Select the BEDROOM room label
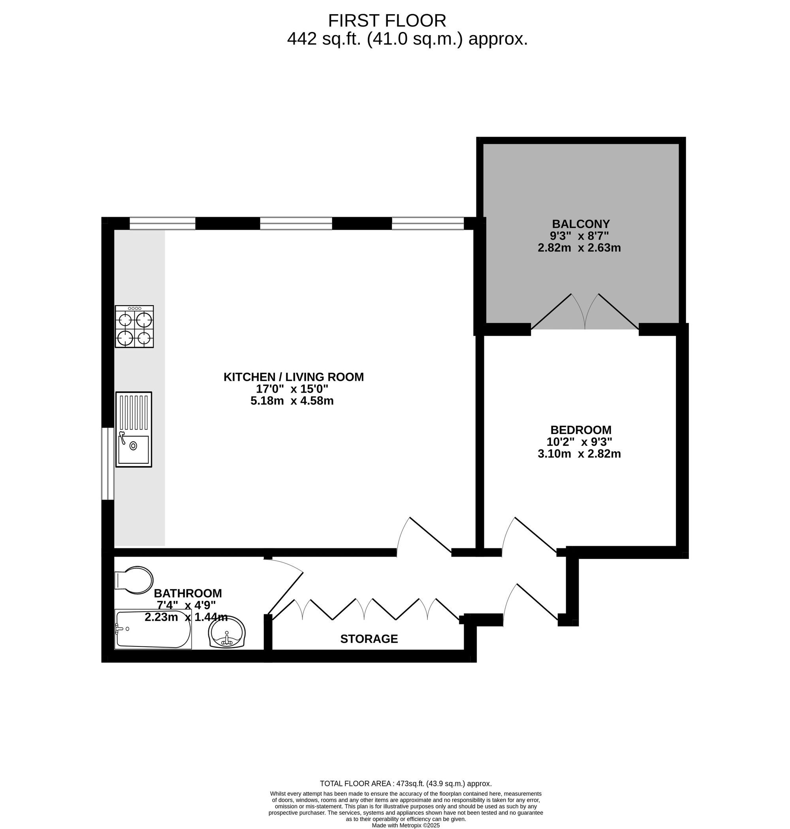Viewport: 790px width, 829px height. tap(581, 430)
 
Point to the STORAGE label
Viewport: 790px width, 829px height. tap(369, 639)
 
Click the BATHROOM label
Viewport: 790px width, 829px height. tap(187, 593)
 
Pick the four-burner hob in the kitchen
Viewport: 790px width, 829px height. tap(134, 327)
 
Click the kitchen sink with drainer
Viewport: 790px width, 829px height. tap(134, 429)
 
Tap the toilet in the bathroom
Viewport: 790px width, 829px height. tap(134, 580)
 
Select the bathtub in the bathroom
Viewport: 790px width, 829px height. tap(153, 629)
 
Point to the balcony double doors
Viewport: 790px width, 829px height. tap(585, 312)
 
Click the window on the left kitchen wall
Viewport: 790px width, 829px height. tap(108, 464)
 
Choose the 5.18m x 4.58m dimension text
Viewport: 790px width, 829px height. tap(292, 401)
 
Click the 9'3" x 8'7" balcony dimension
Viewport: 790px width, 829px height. tap(580, 235)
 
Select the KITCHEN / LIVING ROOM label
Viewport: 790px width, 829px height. tap(293, 377)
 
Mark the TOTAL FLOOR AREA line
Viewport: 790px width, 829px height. tap(406, 784)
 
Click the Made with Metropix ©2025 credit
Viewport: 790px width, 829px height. tap(406, 825)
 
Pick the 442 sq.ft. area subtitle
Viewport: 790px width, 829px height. tap(407, 39)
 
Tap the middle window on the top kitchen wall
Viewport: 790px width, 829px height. tap(296, 223)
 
